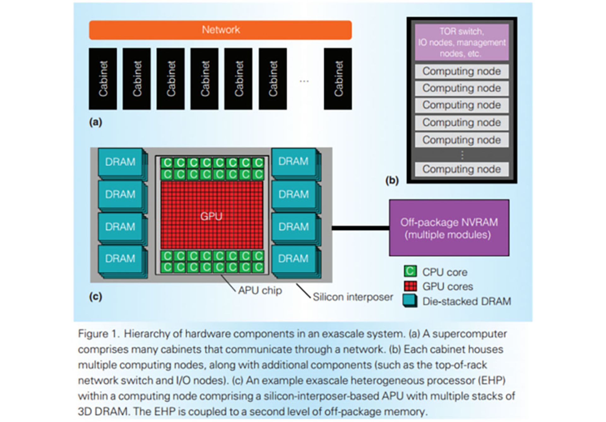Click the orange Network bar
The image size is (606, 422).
click(220, 30)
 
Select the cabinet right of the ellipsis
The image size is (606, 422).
click(338, 79)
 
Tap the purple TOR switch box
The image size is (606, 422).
click(461, 42)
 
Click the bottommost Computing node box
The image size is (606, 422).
click(461, 169)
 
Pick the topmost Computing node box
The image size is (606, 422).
click(461, 71)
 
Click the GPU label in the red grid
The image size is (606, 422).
click(211, 216)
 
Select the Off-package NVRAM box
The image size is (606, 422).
click(449, 228)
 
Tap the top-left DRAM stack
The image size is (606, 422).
click(120, 162)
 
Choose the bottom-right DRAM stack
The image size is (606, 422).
click(293, 259)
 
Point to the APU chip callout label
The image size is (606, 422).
click(260, 290)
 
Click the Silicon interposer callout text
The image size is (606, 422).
click(353, 297)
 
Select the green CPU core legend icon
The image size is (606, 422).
click(410, 271)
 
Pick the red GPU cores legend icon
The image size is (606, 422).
click(410, 286)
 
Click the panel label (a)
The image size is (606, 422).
click(95, 122)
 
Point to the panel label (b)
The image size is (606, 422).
click(392, 180)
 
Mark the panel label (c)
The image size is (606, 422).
click(95, 297)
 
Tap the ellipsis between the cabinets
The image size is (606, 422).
click(304, 81)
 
